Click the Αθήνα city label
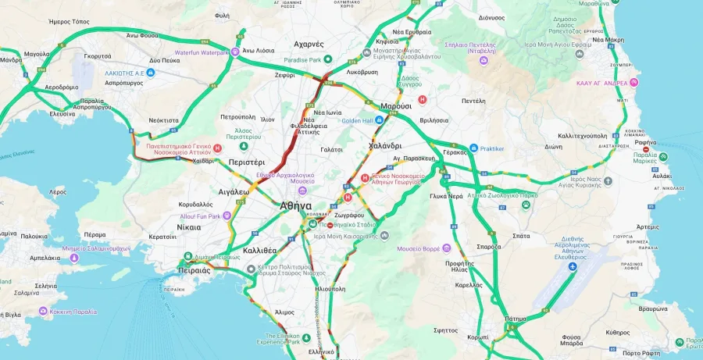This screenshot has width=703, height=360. [x=295, y=205]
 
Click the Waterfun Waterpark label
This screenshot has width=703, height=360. [x=196, y=52]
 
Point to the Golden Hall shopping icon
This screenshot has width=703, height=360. [x=380, y=120]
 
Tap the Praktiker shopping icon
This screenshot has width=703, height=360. [x=473, y=148]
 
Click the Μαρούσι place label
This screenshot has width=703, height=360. [x=395, y=105]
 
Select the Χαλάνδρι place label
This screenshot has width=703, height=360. [x=384, y=145]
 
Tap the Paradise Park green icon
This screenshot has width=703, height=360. [x=329, y=59]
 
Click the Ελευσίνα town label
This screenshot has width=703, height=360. [x=62, y=113]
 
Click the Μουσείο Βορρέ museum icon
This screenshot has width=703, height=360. [x=446, y=248]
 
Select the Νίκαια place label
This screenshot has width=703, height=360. [x=188, y=227]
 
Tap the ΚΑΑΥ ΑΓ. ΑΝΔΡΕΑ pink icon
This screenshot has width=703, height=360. [x=634, y=82]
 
